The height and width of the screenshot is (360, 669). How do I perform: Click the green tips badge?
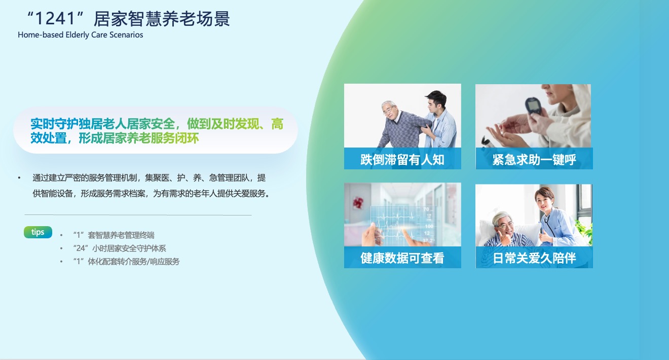click(38, 232)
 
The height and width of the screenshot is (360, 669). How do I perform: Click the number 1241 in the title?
click(55, 19)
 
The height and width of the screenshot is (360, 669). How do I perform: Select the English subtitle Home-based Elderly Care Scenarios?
click(81, 35)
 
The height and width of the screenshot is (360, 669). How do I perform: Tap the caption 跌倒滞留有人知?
click(402, 160)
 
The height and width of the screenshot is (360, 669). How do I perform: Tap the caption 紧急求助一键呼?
click(534, 160)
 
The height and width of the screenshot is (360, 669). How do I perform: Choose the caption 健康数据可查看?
click(402, 258)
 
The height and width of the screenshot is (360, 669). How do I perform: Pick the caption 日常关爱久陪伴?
click(534, 258)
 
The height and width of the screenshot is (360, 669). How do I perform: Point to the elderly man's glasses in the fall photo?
click(388, 111)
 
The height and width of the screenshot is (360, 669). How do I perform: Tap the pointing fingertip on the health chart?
click(404, 231)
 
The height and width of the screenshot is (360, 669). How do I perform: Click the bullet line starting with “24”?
click(120, 248)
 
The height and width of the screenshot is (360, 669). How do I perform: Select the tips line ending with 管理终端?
click(114, 235)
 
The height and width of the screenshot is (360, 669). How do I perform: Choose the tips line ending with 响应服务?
click(126, 262)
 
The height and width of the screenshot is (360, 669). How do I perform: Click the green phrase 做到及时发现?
click(223, 124)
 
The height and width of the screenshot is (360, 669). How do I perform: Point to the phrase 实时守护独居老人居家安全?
click(102, 124)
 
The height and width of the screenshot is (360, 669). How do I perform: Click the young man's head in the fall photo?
click(436, 101)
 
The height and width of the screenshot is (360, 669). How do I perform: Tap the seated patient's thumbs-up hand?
click(505, 238)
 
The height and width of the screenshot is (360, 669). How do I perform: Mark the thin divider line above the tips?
click(138, 215)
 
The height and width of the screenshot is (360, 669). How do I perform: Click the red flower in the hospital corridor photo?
click(357, 203)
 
